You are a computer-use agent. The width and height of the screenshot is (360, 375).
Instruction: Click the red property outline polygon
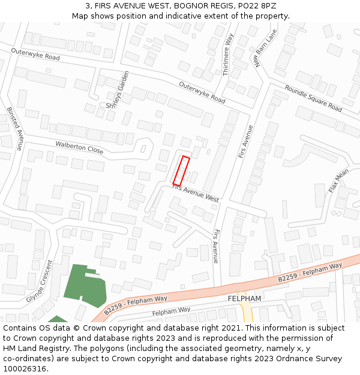pyautogui.click(x=181, y=171)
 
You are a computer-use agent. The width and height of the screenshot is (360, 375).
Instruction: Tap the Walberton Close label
pyautogui.click(x=79, y=147)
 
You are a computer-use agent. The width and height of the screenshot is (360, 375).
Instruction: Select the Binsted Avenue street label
pyautogui.click(x=14, y=128)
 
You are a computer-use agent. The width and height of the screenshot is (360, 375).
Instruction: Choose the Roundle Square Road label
pyautogui.click(x=313, y=98)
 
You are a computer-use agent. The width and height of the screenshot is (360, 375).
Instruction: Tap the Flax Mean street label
pyautogui.click(x=338, y=181)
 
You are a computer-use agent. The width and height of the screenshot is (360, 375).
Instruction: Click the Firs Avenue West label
pyautogui.click(x=196, y=193)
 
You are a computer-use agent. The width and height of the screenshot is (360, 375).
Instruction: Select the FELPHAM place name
pyautogui.click(x=244, y=298)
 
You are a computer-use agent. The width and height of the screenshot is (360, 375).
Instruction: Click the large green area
pyautogui.click(x=84, y=285)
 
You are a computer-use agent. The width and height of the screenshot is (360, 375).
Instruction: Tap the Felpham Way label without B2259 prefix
pyautogui.click(x=171, y=312)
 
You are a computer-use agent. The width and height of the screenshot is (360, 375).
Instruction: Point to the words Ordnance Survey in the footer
pyautogui.click(x=312, y=358)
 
